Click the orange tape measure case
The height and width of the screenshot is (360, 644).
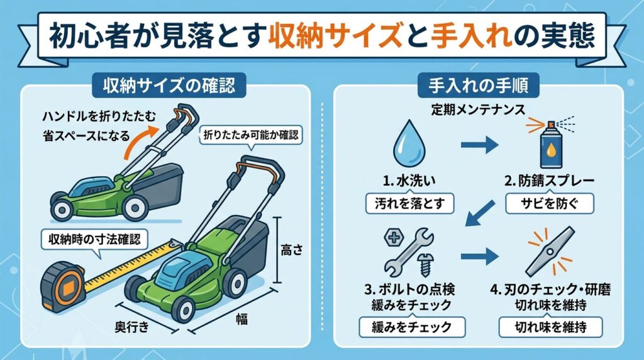(x=64, y=285)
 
